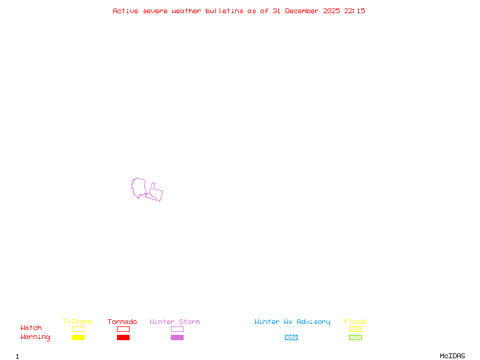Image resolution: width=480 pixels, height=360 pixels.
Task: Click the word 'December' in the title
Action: point(304,11)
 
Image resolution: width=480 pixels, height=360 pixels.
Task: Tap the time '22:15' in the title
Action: point(355,11)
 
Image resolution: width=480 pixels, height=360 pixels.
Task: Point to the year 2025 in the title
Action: point(332,11)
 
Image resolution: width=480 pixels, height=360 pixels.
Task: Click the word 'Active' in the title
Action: point(125,11)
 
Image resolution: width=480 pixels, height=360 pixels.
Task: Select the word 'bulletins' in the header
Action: point(224,11)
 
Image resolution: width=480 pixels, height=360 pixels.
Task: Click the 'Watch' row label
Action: point(31,328)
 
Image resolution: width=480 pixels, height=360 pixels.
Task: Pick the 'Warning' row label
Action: point(35,337)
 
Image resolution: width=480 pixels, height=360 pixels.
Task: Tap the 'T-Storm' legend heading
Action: point(77,322)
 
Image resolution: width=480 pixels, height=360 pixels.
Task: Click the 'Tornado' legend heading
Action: point(122,322)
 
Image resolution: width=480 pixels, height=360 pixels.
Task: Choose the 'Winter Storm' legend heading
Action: point(175,322)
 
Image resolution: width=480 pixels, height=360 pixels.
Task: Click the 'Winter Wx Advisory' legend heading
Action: point(292,322)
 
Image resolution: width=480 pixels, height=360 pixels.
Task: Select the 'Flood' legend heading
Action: point(355,322)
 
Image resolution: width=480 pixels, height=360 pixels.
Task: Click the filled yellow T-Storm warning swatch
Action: point(78,338)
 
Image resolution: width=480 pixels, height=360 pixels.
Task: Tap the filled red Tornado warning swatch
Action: point(123,338)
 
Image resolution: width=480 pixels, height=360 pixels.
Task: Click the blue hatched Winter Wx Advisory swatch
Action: point(291,338)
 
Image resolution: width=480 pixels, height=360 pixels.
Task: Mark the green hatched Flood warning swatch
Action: point(355,338)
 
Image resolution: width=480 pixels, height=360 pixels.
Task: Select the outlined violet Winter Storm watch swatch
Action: point(177,329)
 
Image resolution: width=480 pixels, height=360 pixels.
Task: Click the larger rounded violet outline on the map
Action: point(139,187)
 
